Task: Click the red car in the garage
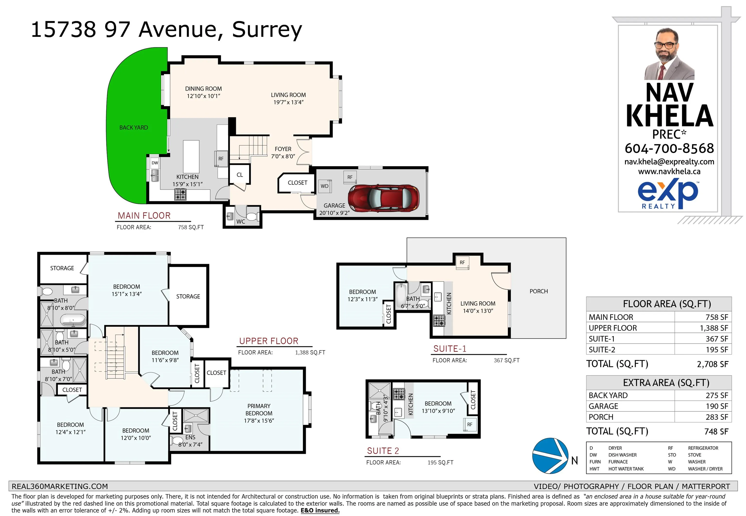[383, 198]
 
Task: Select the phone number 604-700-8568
[669, 148]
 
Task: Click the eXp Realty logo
[668, 195]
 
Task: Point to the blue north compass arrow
[550, 456]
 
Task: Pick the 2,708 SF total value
[712, 364]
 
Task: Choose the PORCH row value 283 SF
[717, 417]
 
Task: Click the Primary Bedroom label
[259, 413]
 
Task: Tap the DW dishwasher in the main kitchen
[155, 163]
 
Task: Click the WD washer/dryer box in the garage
[325, 186]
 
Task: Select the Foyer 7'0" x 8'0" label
[283, 152]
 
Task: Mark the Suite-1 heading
[450, 348]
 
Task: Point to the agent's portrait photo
[669, 54]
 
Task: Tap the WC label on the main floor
[241, 222]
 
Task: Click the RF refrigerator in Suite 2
[469, 424]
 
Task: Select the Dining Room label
[203, 92]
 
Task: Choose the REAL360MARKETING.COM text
[60, 486]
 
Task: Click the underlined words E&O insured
[320, 510]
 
